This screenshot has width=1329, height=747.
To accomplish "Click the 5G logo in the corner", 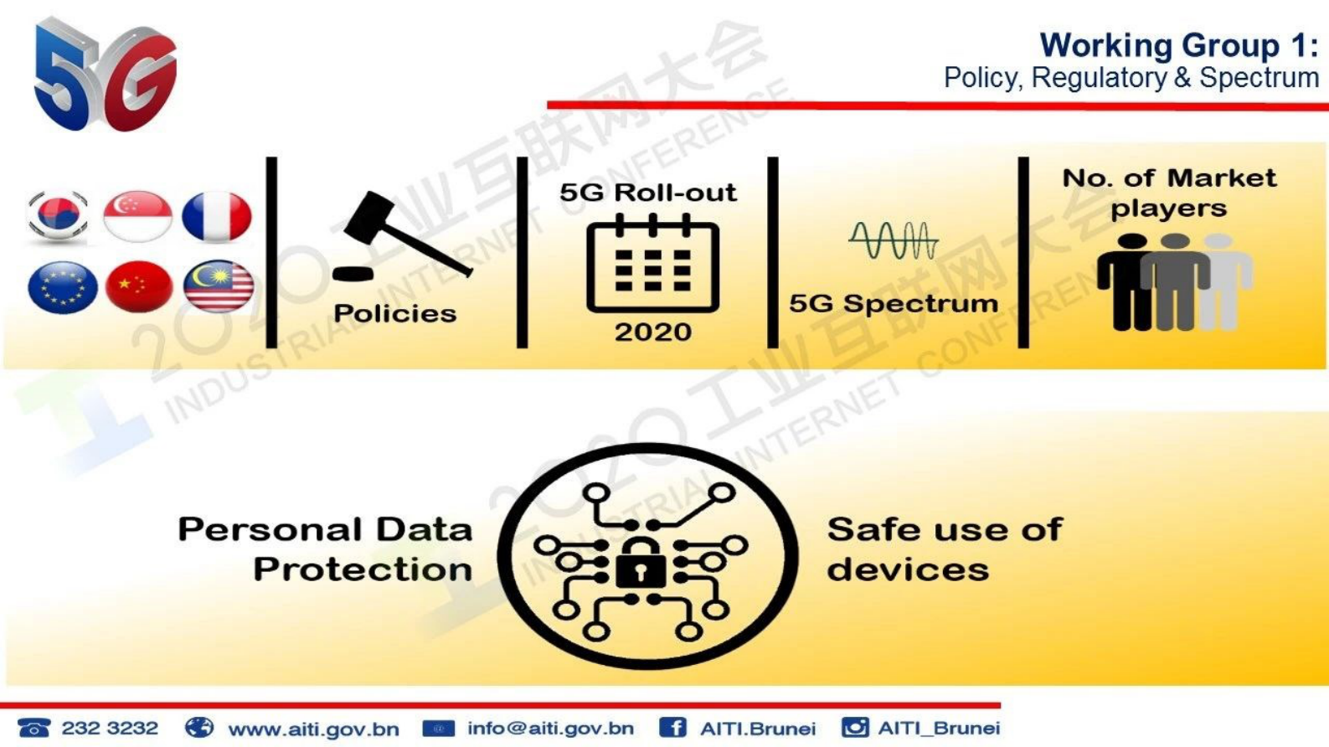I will click(x=105, y=75).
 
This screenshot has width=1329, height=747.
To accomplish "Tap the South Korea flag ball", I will click(x=57, y=216).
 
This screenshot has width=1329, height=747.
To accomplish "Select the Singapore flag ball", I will click(x=137, y=216).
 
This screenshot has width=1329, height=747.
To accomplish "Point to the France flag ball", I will click(x=216, y=216).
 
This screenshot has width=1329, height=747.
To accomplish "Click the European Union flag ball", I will click(x=62, y=287).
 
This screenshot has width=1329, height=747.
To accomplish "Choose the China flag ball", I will click(x=138, y=287).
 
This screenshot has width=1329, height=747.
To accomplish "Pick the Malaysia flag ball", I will click(x=218, y=287).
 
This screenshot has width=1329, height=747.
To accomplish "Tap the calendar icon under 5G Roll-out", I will click(x=652, y=265).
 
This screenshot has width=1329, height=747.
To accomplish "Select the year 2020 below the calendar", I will click(x=652, y=332).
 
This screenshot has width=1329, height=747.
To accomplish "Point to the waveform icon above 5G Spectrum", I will click(x=893, y=240).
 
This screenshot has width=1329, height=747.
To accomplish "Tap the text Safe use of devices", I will click(x=944, y=549).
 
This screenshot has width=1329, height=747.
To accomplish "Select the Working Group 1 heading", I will click(x=1178, y=45).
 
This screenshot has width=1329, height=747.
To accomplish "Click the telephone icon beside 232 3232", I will click(x=33, y=728).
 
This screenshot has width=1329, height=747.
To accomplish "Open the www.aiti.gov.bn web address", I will click(x=313, y=729).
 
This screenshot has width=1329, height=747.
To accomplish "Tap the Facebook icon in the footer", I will click(x=672, y=728).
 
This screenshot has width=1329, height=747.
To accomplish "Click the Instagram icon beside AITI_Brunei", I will click(x=855, y=727).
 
